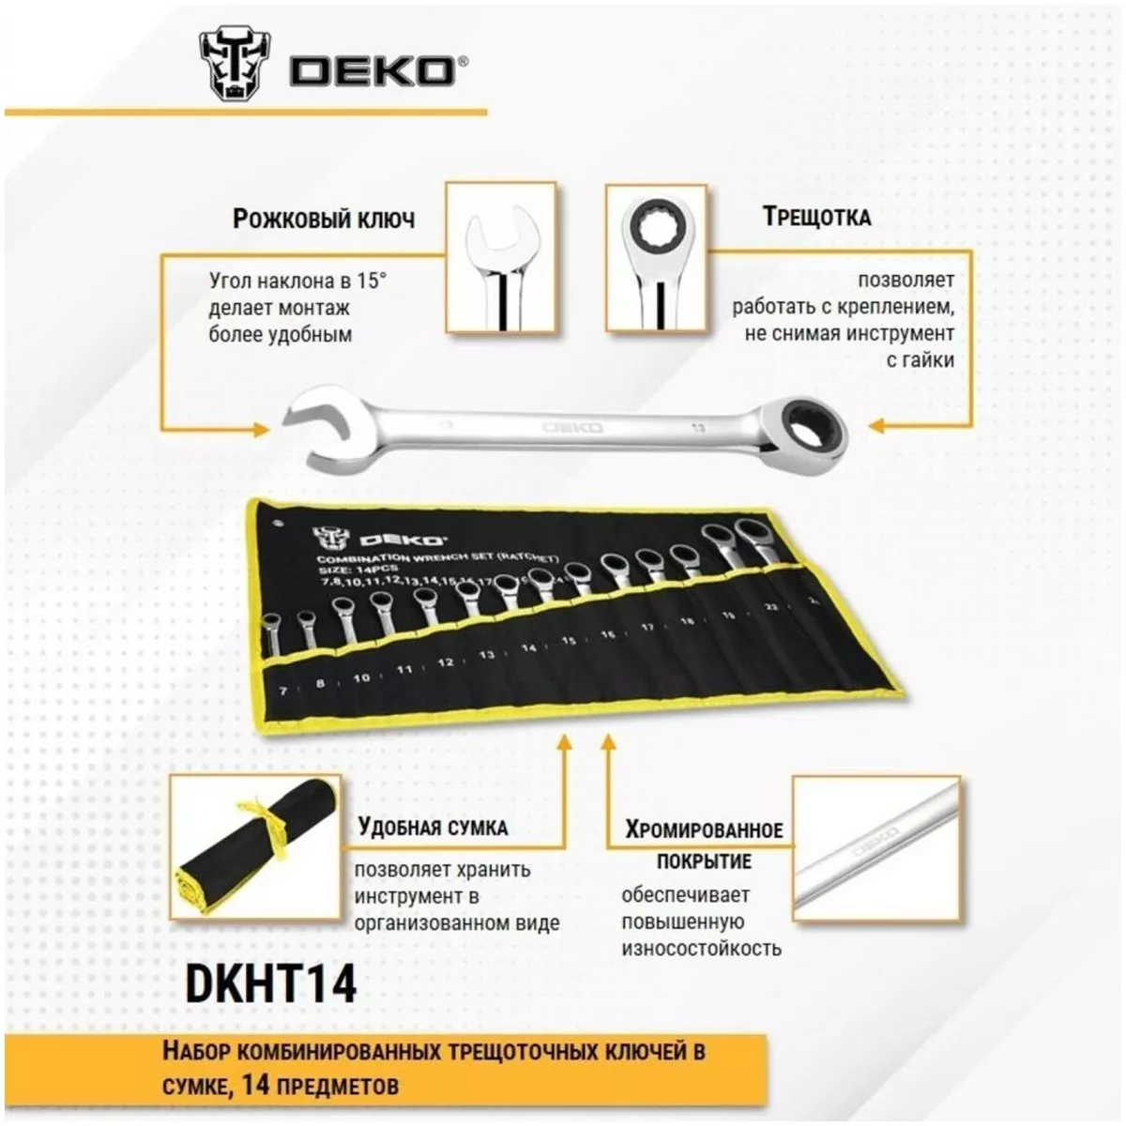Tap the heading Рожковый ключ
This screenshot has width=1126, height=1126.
click(x=323, y=219)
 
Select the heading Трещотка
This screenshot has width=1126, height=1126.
click(x=816, y=217)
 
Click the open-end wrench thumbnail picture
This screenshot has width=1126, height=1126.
click(x=501, y=258)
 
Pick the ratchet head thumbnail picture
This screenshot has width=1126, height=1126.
click(x=656, y=258)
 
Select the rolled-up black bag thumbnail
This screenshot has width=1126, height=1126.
click(x=255, y=847)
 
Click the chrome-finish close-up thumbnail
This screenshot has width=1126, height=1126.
click(x=876, y=848)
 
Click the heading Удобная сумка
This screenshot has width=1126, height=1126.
click(x=433, y=828)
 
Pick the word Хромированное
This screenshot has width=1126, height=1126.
click(x=705, y=829)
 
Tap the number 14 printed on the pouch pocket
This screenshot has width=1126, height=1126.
click(x=528, y=648)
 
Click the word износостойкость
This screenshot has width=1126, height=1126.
click(x=701, y=948)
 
